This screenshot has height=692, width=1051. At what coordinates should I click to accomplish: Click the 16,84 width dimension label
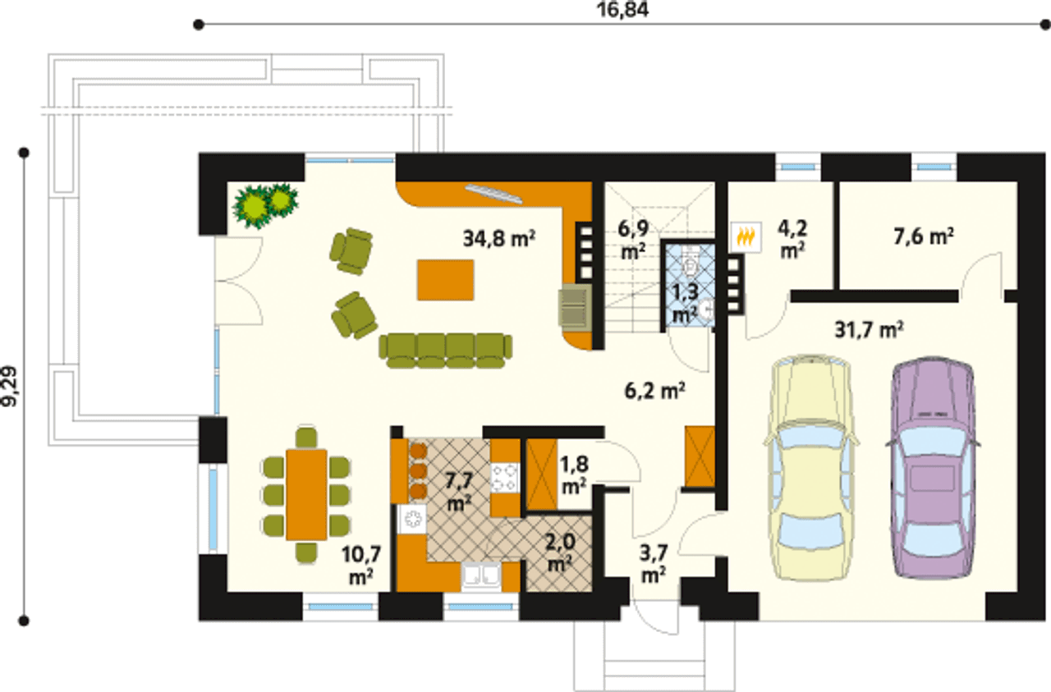tap(622, 10)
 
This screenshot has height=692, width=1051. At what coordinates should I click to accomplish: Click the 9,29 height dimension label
tap(10, 386)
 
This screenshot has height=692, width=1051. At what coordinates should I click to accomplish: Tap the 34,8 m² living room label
tap(498, 238)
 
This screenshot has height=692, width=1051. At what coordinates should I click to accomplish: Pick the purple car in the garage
tap(934, 468)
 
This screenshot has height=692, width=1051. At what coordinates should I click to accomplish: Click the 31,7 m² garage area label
tap(869, 329)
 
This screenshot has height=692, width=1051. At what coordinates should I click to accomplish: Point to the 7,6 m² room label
tap(924, 236)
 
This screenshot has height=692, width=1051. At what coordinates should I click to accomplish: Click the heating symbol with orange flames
tap(746, 237)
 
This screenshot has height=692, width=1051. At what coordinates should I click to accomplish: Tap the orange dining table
tap(307, 494)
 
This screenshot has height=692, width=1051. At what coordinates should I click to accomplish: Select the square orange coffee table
tap(446, 280)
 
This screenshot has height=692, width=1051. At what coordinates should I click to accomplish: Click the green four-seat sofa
tap(446, 350)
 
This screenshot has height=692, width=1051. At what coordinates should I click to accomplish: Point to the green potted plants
tap(266, 205)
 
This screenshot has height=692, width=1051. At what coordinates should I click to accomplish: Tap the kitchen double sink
tap(481, 575)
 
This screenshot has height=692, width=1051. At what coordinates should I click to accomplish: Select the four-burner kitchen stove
tap(505, 478)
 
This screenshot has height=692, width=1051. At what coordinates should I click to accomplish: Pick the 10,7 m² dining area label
tap(360, 566)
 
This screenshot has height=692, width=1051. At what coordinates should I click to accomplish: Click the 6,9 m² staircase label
tap(633, 240)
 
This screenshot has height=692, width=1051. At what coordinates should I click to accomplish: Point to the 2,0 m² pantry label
tap(560, 552)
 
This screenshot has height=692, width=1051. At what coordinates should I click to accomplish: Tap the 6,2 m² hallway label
tap(654, 391)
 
